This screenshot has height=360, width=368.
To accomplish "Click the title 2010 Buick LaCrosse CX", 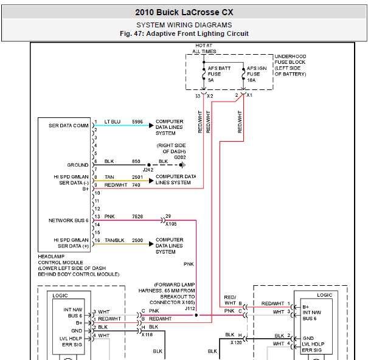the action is pos(184,12).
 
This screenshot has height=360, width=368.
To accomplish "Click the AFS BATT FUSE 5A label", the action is pos(219,74).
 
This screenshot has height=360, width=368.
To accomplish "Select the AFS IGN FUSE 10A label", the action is pos(257,74).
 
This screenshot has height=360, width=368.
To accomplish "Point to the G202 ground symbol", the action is pos(182,165).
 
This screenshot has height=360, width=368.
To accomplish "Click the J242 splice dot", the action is pos(149,165).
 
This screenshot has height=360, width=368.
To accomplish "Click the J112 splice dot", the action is pos(196,315).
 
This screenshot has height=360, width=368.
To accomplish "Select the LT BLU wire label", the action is pos(112,122).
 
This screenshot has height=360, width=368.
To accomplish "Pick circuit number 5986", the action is pos(137,122).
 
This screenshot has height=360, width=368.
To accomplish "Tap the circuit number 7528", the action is pos(137,216).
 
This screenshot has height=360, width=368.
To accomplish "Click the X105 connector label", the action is pos(171,224).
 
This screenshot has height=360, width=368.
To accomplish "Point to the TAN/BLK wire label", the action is pos(114,240).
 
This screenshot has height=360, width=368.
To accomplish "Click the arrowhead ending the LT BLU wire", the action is pos(151,125).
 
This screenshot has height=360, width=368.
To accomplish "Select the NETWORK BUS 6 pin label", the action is pos(68,220).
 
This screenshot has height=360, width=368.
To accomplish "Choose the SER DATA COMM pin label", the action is pos(68,125).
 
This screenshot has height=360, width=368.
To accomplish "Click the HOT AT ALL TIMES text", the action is pos(204,48).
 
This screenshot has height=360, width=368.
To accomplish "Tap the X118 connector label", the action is pos(147,334).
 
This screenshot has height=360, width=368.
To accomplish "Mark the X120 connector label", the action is pos(236,342).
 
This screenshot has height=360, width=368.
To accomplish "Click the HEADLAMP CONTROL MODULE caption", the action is pos(78,265).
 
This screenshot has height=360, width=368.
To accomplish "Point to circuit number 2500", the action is pos(137,240).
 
